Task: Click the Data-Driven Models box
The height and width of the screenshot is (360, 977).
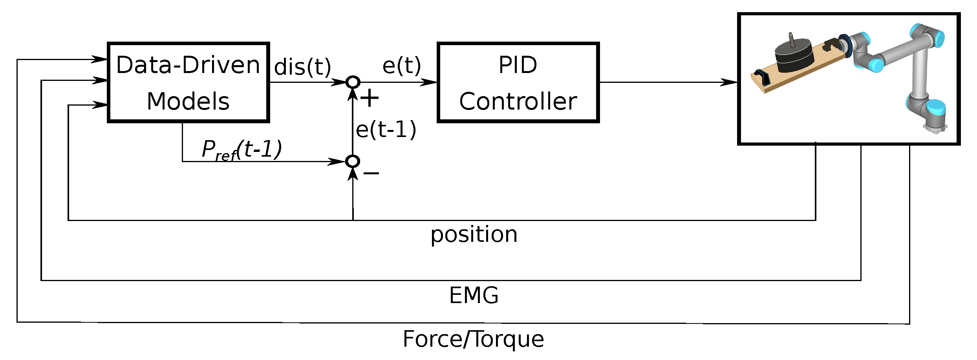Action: tap(188, 82)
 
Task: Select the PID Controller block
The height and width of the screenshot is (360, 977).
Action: tap(518, 82)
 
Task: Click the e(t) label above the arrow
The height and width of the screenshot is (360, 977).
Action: tap(401, 65)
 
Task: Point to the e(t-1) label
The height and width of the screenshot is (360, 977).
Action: tap(386, 130)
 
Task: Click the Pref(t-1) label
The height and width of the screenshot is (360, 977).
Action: tap(241, 150)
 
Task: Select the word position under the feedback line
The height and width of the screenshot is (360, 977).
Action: tap(474, 235)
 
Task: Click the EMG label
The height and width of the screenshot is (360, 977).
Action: tap(474, 295)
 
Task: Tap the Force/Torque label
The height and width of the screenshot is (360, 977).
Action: tap(473, 339)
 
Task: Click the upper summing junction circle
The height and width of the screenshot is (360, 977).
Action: tap(353, 82)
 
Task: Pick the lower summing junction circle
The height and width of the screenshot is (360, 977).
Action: tap(353, 161)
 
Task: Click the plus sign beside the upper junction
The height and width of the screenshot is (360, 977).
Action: tap(370, 98)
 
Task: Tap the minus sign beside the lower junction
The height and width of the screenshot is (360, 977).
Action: tap(371, 173)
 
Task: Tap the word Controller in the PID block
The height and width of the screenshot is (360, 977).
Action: tap(518, 102)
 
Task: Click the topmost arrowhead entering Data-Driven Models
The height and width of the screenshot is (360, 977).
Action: tap(99, 59)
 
